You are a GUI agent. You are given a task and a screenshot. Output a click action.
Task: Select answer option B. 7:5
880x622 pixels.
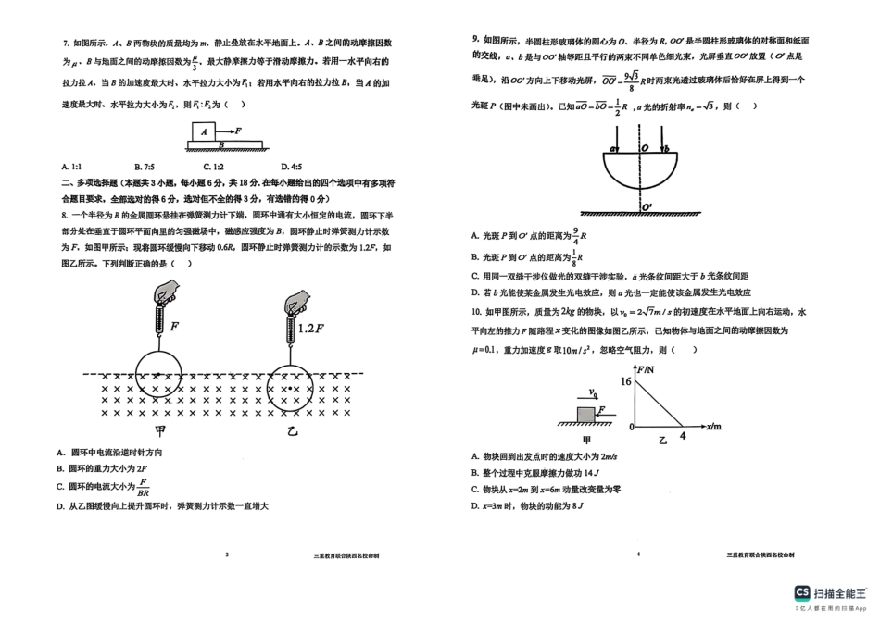click(145, 166)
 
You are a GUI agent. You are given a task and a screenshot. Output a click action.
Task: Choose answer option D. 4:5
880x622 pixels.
click(268, 166)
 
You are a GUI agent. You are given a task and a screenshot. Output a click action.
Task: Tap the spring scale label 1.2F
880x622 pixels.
click(311, 328)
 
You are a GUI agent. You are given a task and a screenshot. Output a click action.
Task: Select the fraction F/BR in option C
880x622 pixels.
click(144, 487)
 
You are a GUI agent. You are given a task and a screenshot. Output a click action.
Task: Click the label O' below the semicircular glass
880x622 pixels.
click(647, 205)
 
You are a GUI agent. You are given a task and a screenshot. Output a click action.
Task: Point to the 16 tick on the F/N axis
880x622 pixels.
click(626, 381)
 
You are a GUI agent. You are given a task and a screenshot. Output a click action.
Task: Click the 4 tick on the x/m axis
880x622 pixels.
click(684, 435)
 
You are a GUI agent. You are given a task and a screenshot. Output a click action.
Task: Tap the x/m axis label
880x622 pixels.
click(713, 428)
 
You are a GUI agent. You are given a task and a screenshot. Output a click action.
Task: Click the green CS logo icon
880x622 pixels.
click(803, 593)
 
